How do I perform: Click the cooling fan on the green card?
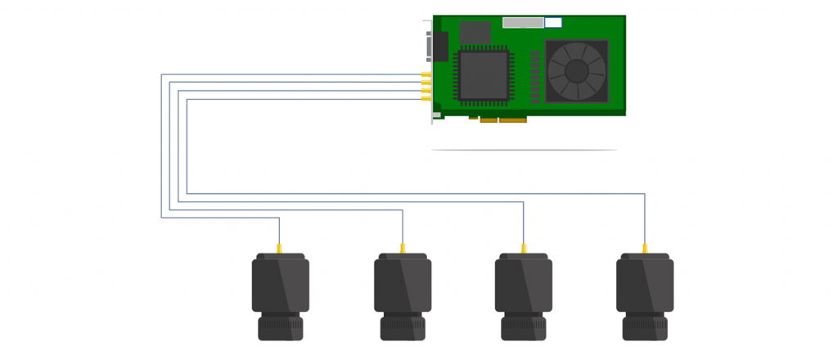pos(577,71)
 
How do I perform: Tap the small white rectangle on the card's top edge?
pos(553,22)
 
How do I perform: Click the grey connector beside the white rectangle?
pos(523,22)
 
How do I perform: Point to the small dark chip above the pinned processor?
pos(475,32)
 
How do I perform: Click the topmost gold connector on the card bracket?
pos(426,74)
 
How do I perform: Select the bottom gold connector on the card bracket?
pos(426,99)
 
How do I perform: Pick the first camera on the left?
pos(280,295)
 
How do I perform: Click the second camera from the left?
pos(402,295)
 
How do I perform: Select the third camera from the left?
pos(523,295)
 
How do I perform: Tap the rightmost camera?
pos(645,295)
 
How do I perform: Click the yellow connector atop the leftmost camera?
pos(280,248)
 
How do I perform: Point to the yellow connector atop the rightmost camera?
pos(645,248)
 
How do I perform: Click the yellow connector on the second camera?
pos(402,248)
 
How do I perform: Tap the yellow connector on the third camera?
pos(523,248)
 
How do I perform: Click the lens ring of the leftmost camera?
pos(280,329)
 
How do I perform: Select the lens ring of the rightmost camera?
pos(645,329)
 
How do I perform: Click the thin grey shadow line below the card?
pos(524,150)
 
